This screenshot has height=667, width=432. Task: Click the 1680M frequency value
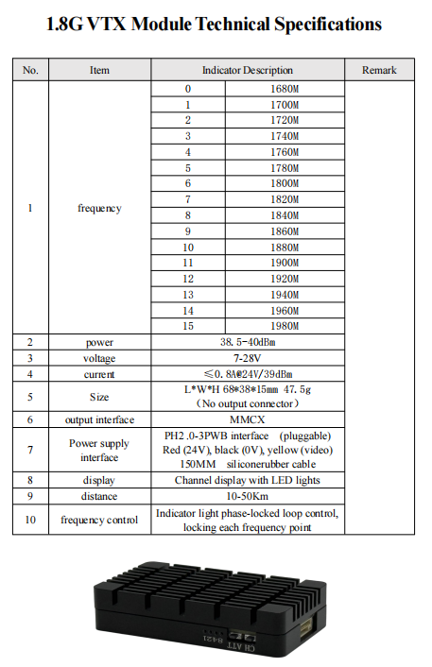click(285, 89)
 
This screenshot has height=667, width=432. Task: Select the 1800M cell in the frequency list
click(285, 183)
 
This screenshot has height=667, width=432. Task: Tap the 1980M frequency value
click(285, 325)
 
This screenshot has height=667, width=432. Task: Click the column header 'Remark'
click(379, 70)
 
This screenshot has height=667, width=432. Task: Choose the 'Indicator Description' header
click(248, 70)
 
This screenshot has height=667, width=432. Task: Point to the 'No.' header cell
click(30, 70)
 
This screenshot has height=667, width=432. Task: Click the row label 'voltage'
click(99, 358)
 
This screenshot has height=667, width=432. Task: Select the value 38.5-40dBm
click(248, 342)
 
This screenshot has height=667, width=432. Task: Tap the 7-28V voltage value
click(248, 358)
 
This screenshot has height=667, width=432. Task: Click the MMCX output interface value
click(248, 419)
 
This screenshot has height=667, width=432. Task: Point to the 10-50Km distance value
click(248, 495)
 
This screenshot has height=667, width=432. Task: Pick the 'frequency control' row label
click(99, 520)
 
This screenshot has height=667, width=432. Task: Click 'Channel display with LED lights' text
click(248, 480)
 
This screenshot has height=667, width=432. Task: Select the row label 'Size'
click(99, 397)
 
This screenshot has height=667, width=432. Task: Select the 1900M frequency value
click(285, 262)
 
